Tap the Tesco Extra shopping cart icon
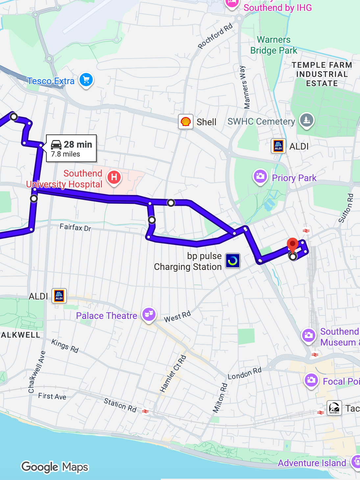(86, 80)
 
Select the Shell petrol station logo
(186, 122)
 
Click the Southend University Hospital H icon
(114, 177)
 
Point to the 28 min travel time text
(78, 144)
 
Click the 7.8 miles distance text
(65, 154)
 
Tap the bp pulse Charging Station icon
(232, 261)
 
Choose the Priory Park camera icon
(260, 176)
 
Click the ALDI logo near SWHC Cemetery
(278, 146)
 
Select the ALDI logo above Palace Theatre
(59, 296)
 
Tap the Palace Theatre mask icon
(149, 314)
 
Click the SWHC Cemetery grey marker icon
(306, 120)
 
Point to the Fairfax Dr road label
(75, 227)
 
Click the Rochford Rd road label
(215, 36)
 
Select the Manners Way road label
(245, 87)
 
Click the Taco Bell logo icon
(334, 408)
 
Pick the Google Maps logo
(55, 467)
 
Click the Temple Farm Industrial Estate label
(322, 74)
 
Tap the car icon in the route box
(56, 145)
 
